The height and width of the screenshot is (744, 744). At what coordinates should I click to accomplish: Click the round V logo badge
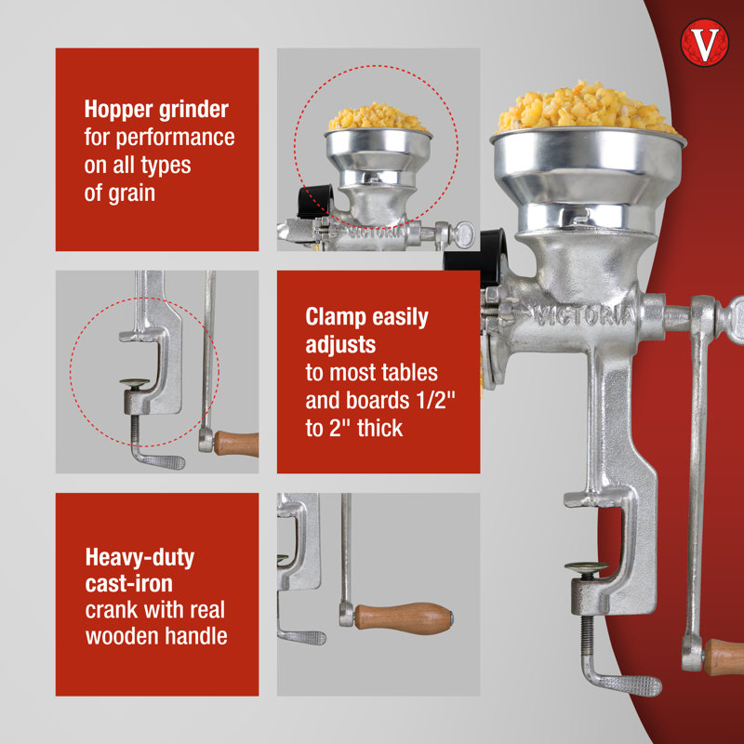click(704, 43)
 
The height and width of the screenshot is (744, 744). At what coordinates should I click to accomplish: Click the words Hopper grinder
click(156, 109)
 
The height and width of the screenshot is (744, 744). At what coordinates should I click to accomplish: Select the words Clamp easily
click(366, 317)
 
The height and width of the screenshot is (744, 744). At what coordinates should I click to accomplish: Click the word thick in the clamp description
click(380, 428)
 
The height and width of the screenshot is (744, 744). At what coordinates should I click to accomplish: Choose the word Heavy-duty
click(139, 557)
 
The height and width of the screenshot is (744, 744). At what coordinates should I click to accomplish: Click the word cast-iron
click(128, 584)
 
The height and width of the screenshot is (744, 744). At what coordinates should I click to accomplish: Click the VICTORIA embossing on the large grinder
click(585, 315)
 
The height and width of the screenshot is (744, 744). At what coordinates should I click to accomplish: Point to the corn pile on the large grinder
click(587, 108)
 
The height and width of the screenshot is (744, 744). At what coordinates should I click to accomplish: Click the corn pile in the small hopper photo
click(378, 117)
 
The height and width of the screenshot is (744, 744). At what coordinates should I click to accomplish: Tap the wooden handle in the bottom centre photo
click(404, 618)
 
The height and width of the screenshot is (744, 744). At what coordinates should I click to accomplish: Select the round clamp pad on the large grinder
click(587, 567)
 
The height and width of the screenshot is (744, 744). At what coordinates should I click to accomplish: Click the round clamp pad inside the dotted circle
click(135, 382)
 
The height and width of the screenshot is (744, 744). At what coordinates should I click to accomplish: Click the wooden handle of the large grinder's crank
click(724, 658)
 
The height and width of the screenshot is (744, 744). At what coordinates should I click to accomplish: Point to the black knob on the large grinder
click(476, 259)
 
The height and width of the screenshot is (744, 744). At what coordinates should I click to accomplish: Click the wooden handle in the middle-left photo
click(236, 445)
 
